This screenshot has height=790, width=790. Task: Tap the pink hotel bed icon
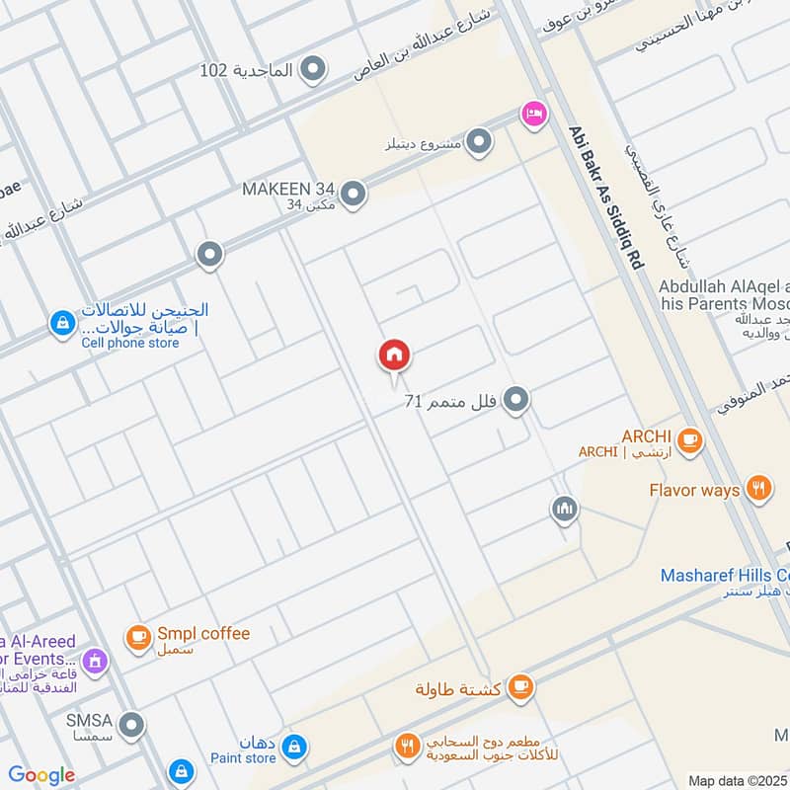[x=534, y=114]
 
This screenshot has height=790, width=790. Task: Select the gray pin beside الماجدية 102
[x=314, y=70]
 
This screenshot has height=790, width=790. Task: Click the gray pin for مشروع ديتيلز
[x=479, y=143]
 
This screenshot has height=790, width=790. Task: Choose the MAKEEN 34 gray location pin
[x=353, y=194]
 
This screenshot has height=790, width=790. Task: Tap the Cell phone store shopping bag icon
[x=62, y=323]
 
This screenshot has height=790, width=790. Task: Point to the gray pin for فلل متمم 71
[x=514, y=400]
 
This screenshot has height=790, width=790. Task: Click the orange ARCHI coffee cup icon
[x=689, y=440]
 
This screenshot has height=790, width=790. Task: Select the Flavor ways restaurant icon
[x=758, y=489]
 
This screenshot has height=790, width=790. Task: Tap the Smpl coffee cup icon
[x=138, y=638]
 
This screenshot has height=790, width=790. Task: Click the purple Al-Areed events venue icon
[x=95, y=660]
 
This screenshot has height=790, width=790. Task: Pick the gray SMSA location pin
[x=131, y=726]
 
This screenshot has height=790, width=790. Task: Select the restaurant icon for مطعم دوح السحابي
[x=407, y=748]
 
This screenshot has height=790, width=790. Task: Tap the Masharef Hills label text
[x=725, y=575]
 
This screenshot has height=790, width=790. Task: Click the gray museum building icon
[x=564, y=510]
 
